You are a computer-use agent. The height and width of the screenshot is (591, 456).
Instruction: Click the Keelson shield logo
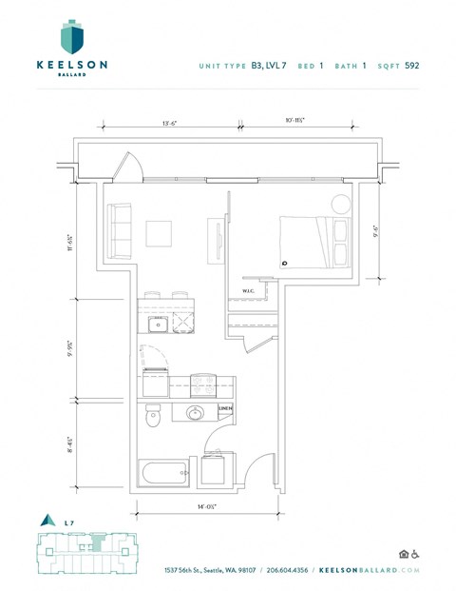pos(72,35)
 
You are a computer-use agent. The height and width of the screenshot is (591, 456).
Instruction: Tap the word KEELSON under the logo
pos(71,65)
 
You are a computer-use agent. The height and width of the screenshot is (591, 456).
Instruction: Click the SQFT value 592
pos(410,66)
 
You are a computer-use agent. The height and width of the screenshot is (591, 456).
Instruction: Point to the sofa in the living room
pos(118,232)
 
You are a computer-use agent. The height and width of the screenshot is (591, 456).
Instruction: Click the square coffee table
pos(159,234)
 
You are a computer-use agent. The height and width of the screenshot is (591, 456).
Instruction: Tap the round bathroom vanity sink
pos(195,413)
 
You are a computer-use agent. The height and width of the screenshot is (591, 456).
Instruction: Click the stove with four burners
pos(202,385)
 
